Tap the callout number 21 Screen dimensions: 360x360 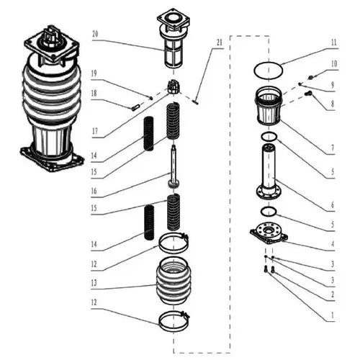pyautogui.click(x=220, y=42)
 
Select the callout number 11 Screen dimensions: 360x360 pyautogui.click(x=333, y=42)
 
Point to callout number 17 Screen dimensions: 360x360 pyautogui.click(x=95, y=134)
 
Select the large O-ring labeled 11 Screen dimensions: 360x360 pyautogui.click(x=268, y=70)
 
